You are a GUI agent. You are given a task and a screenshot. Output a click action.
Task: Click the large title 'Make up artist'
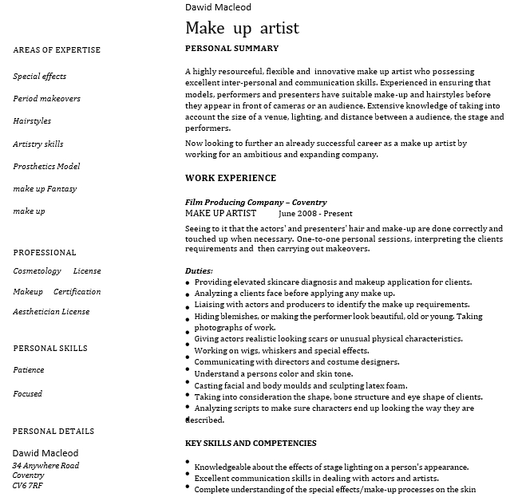(242, 28)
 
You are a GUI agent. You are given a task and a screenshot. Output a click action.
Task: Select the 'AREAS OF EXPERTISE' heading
(57, 50)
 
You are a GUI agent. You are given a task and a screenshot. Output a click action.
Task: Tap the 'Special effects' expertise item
(40, 77)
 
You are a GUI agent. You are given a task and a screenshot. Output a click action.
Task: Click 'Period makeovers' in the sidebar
(46, 99)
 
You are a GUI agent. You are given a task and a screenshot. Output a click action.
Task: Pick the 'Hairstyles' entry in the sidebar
(32, 121)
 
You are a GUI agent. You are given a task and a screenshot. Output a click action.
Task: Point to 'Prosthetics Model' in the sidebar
(46, 167)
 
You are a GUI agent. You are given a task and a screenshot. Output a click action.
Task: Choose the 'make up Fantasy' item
(45, 189)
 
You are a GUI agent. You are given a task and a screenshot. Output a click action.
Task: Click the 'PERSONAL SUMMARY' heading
(231, 49)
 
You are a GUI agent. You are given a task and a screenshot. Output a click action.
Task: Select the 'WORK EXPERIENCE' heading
(231, 179)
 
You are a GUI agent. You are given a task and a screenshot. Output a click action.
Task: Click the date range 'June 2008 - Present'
(315, 214)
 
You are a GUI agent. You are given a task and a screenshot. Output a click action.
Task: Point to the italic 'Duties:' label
(199, 271)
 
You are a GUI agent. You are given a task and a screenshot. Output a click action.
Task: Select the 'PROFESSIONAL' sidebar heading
(45, 253)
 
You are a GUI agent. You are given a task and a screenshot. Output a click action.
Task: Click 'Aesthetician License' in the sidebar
(51, 312)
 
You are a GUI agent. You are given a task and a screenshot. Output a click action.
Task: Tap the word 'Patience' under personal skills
(29, 370)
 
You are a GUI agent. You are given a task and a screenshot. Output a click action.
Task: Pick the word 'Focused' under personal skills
(28, 394)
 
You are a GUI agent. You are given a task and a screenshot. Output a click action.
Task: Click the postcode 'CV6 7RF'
(28, 485)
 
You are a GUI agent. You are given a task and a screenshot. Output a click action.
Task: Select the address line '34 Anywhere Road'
(45, 466)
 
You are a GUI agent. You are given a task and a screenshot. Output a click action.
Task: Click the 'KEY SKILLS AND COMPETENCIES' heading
(251, 444)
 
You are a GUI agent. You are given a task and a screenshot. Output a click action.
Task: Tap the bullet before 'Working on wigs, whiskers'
(188, 352)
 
